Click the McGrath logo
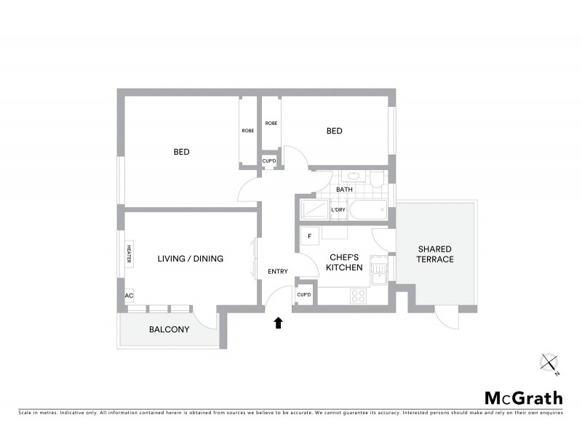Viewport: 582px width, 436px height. click(524, 397)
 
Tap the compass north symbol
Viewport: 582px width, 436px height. click(550, 363)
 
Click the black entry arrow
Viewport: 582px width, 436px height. click(277, 323)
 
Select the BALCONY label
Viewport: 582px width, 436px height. click(169, 329)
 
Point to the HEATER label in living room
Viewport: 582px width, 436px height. click(129, 254)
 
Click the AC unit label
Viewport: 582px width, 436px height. click(129, 296)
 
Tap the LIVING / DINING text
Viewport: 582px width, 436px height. click(191, 259)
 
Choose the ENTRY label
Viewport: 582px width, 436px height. click(277, 272)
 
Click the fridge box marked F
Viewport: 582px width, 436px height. click(310, 236)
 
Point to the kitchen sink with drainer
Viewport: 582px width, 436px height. click(378, 272)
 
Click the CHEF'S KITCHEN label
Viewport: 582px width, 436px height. click(346, 262)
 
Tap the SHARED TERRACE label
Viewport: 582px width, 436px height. click(435, 254)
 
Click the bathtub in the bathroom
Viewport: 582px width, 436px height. click(367, 211)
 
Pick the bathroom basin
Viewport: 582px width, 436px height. click(353, 176)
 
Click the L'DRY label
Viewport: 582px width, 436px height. click(338, 211)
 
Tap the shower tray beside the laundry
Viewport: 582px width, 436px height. click(314, 211)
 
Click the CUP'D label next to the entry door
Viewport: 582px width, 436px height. click(304, 294)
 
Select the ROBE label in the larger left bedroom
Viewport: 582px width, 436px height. click(248, 131)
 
